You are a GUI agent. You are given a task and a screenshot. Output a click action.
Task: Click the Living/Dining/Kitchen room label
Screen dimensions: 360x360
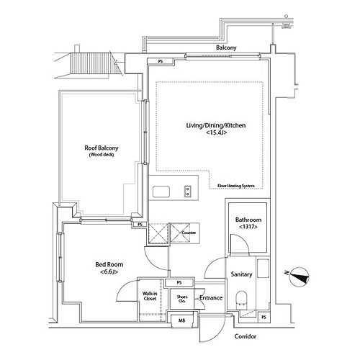pyautogui.click(x=216, y=125)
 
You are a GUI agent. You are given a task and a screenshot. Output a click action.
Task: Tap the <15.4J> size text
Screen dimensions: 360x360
pyautogui.click(x=217, y=132)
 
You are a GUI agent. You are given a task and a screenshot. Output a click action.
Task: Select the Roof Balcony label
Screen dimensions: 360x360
pyautogui.click(x=102, y=148)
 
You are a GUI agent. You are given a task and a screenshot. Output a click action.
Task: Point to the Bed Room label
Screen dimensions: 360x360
pyautogui.click(x=109, y=264)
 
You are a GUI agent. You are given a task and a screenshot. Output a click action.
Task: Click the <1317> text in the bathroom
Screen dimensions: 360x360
pyautogui.click(x=248, y=227)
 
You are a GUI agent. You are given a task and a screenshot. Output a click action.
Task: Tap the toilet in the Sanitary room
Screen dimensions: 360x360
pyautogui.click(x=241, y=299)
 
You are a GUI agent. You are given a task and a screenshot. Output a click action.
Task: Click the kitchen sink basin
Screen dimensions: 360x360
pyautogui.click(x=161, y=192)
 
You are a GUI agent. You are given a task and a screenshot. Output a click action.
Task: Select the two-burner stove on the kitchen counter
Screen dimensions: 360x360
pyautogui.click(x=188, y=192)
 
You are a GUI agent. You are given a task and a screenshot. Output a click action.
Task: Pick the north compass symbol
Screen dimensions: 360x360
pyautogui.click(x=298, y=276)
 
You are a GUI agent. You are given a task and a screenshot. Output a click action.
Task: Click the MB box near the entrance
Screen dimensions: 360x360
pyautogui.click(x=182, y=320)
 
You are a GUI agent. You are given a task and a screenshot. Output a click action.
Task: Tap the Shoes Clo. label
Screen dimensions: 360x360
pyautogui.click(x=182, y=299)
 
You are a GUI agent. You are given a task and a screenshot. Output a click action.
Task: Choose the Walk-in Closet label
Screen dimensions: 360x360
pyautogui.click(x=150, y=296)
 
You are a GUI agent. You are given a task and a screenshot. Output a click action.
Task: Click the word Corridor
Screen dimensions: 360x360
pyautogui.click(x=246, y=336)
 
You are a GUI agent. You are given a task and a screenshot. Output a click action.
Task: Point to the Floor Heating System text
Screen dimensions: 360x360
pyautogui.click(x=236, y=186)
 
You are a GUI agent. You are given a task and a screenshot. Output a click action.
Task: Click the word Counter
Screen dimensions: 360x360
pyautogui.click(x=189, y=233)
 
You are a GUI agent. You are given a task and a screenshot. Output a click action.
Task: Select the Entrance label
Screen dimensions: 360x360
pyautogui.click(x=211, y=298)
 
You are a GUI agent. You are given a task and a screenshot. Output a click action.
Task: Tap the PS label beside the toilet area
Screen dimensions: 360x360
pyautogui.click(x=264, y=318)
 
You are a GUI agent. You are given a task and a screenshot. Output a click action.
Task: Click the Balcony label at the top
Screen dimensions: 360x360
pyautogui.click(x=226, y=48)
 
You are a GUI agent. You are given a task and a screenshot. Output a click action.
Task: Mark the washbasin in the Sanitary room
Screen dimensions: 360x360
pyautogui.click(x=263, y=268)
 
